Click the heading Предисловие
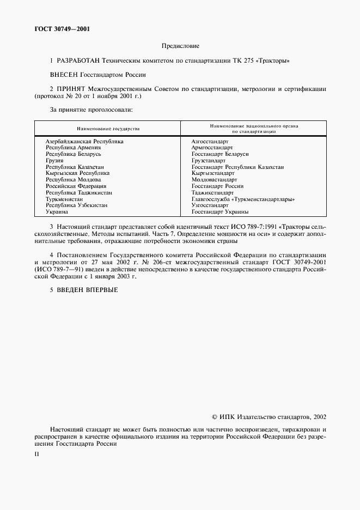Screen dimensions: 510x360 (180, 46)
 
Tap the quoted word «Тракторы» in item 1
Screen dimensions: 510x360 (275, 62)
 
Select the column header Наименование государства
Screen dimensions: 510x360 (108, 129)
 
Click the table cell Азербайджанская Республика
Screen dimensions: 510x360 (84, 141)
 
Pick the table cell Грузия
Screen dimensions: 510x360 (54, 161)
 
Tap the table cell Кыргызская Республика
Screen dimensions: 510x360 (77, 173)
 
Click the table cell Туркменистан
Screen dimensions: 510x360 (64, 199)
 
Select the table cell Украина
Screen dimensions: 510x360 (57, 211)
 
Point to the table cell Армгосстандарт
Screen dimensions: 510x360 (212, 148)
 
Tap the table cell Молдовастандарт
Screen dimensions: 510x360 (214, 180)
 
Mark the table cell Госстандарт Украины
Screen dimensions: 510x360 (220, 211)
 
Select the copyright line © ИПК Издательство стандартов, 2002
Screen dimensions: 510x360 (269, 417)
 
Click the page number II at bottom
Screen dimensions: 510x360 (36, 453)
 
